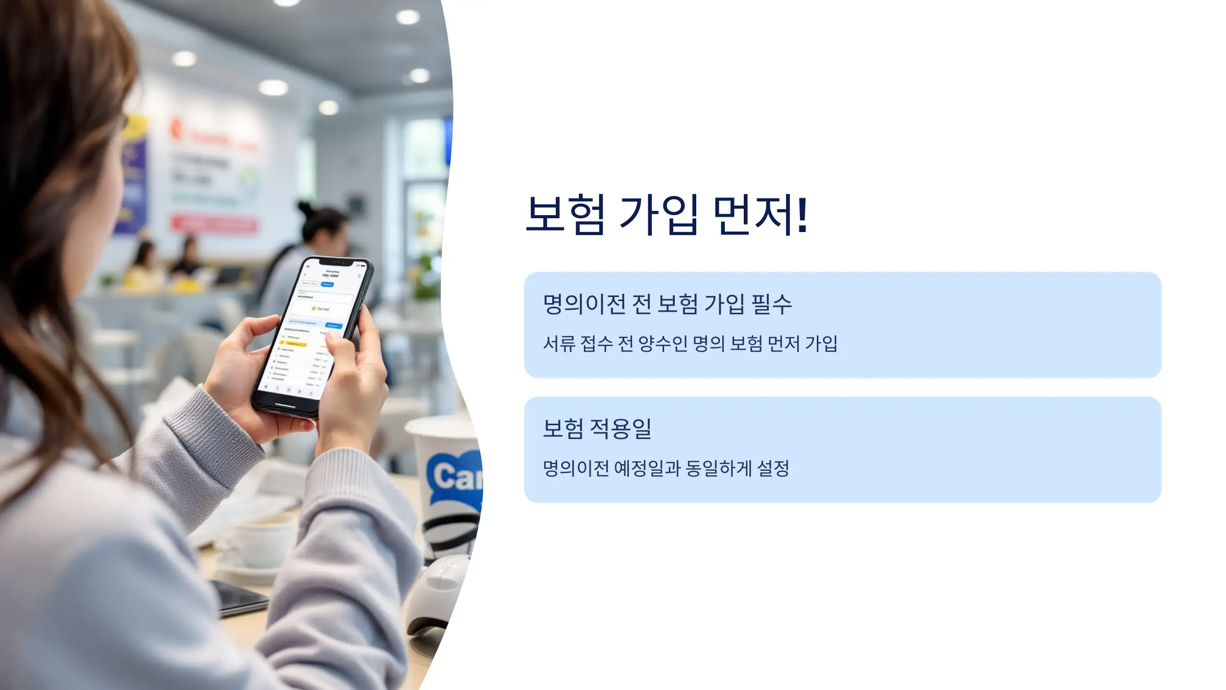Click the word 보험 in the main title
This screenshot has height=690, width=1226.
pyautogui.click(x=565, y=215)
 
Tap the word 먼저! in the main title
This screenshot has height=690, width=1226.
pyautogui.click(x=760, y=215)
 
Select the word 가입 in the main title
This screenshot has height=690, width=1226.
pyautogui.click(x=658, y=215)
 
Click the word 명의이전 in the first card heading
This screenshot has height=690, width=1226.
pyautogui.click(x=584, y=305)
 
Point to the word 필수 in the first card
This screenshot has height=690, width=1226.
pyautogui.click(x=771, y=305)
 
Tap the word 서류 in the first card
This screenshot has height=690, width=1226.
pyautogui.click(x=559, y=344)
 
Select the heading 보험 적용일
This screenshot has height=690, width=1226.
pyautogui.click(x=597, y=428)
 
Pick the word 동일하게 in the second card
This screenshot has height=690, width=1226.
pyautogui.click(x=719, y=468)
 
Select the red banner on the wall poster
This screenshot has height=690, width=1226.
pyautogui.click(x=215, y=224)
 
